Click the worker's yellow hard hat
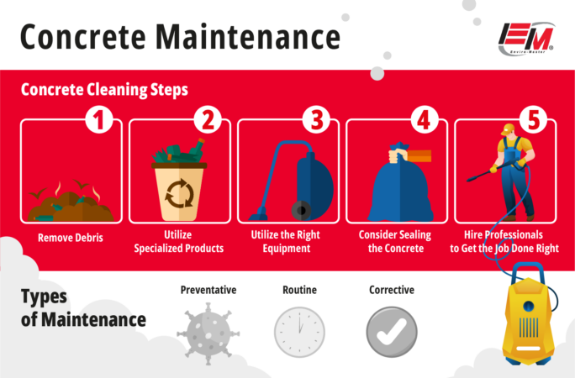(508, 129)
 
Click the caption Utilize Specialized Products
(179, 243)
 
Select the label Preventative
(208, 291)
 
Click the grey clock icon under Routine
(299, 332)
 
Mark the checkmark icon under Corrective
(391, 332)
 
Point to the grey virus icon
(208, 332)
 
